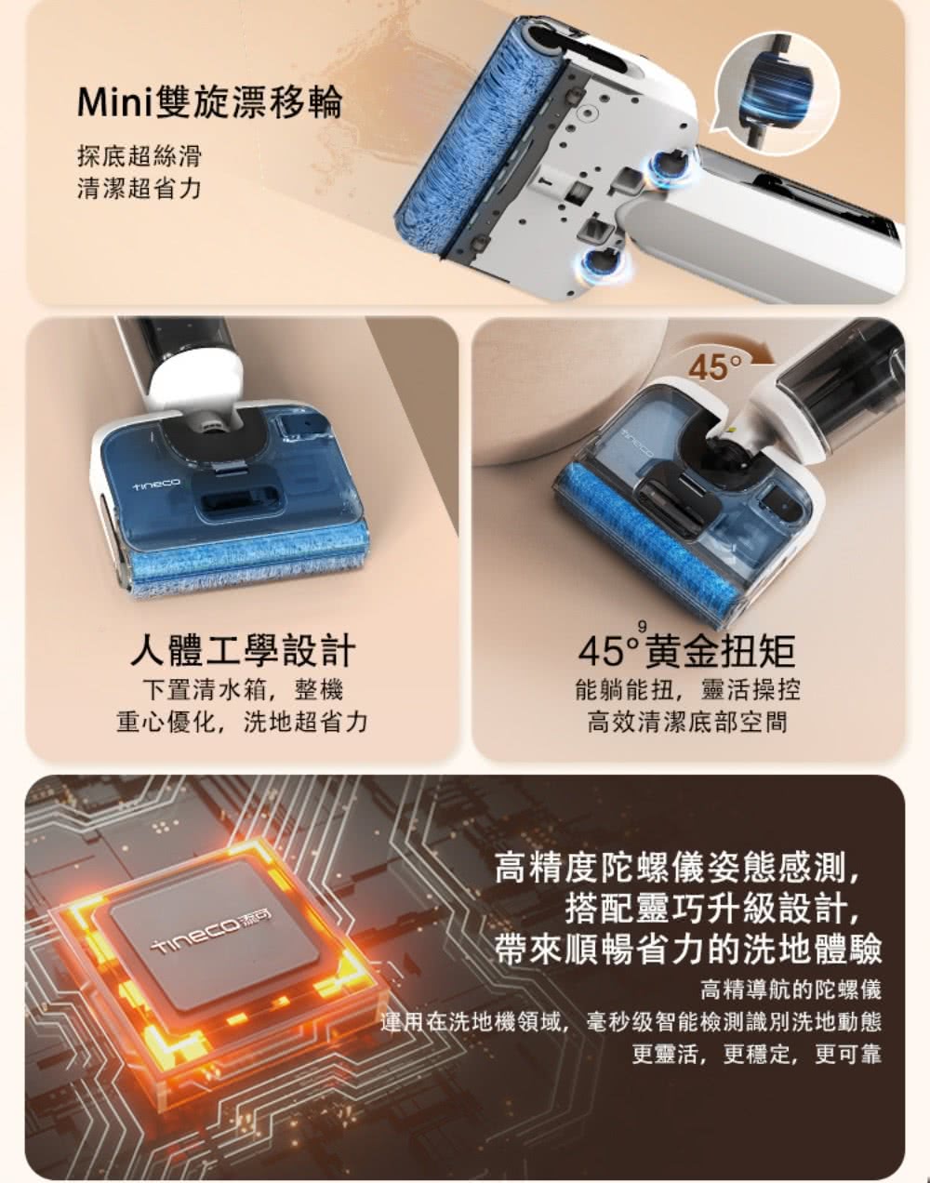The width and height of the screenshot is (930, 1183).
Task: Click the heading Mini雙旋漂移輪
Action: [x=210, y=101]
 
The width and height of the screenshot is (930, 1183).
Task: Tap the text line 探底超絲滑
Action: [x=139, y=156]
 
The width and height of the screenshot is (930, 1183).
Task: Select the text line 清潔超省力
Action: [x=139, y=189]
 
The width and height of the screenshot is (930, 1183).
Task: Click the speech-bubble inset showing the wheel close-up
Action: [x=775, y=92]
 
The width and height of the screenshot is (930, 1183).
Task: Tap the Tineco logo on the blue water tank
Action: [x=155, y=484]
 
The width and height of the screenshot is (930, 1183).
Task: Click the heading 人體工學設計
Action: [x=243, y=650]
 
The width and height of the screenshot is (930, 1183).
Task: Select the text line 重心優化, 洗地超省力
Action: [x=243, y=722]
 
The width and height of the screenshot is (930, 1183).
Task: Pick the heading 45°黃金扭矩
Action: [x=687, y=650]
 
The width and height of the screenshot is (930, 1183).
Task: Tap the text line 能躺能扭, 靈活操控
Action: [x=687, y=689]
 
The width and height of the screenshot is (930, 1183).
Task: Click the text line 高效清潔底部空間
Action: [x=687, y=722]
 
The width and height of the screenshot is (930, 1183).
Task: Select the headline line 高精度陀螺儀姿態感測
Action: [x=677, y=868]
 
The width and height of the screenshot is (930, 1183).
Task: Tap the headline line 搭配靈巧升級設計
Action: [x=713, y=908]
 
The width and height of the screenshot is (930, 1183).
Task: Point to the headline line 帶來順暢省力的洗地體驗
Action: [x=688, y=950]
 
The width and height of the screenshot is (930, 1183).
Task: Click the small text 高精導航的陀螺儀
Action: [x=790, y=990]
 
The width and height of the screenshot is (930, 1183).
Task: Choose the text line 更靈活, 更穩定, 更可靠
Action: [x=757, y=1054]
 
